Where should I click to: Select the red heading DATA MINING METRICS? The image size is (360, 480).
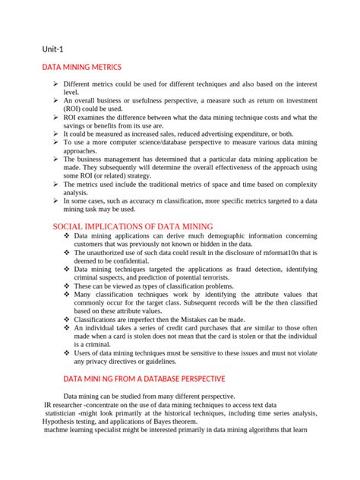[81, 68]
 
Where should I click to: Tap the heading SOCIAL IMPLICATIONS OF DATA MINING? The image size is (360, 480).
[133, 226]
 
